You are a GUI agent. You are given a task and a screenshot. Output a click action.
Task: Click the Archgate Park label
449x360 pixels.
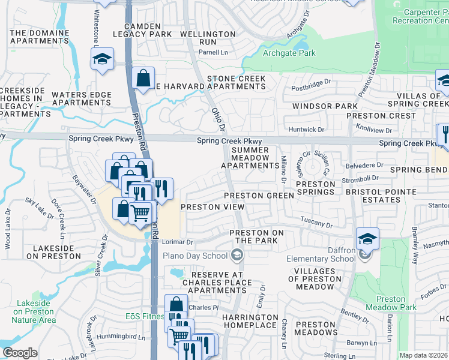coord(289,53)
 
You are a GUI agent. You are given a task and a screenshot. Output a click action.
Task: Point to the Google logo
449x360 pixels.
coord(20,353)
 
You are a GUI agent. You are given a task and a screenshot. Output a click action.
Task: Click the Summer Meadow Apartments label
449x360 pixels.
coord(250,157)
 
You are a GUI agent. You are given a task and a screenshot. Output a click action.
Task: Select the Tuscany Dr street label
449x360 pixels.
coord(316,223)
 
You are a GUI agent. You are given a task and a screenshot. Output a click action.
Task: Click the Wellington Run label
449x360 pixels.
coord(207,38)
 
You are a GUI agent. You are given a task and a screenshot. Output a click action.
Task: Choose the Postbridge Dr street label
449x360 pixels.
coord(311,81)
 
